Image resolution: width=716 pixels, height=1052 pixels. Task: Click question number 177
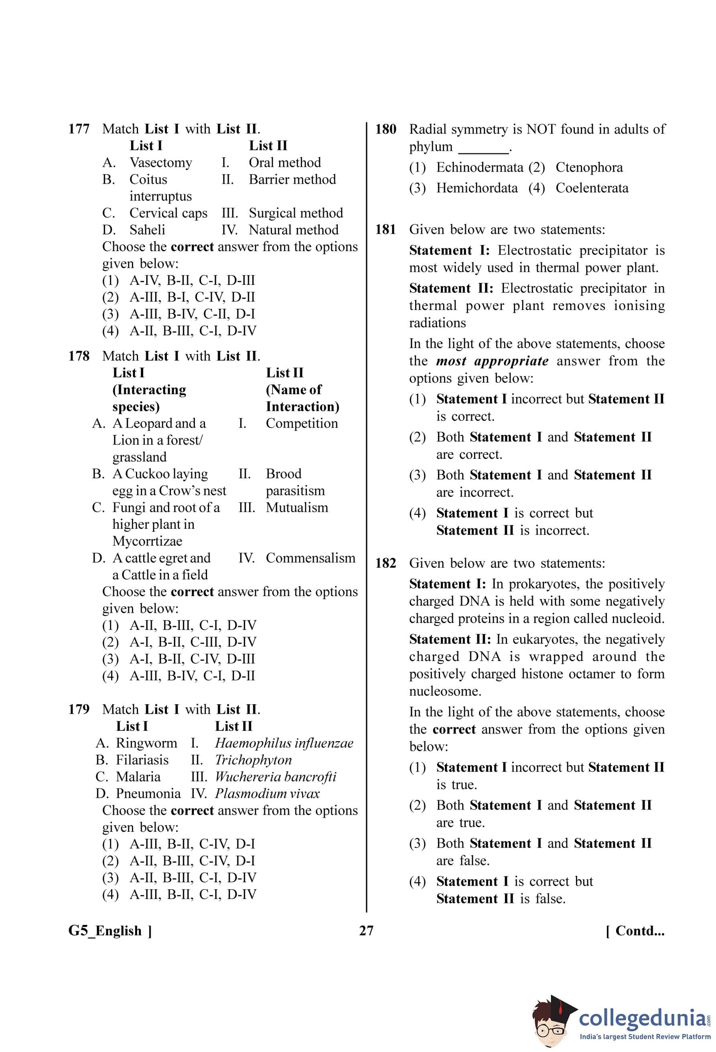pos(79,129)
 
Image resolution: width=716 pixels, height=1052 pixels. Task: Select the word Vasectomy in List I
pos(161,162)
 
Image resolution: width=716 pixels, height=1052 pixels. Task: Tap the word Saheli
pos(147,230)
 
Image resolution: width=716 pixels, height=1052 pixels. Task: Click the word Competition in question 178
pos(301,423)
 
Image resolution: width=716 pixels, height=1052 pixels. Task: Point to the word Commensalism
pos(310,558)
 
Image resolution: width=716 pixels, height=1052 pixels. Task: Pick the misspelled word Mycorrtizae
pos(147,541)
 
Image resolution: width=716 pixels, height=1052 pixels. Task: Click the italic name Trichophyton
pos(253,760)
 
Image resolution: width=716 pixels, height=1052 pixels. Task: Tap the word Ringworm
pos(146,743)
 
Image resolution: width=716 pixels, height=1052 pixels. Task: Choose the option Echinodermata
pos(479,168)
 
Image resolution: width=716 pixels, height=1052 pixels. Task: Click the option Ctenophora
pos(589,168)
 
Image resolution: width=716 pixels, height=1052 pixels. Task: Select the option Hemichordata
pos(477,188)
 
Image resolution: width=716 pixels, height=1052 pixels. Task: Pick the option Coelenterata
pos(592,188)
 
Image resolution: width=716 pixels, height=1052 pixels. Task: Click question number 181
pos(385,229)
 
